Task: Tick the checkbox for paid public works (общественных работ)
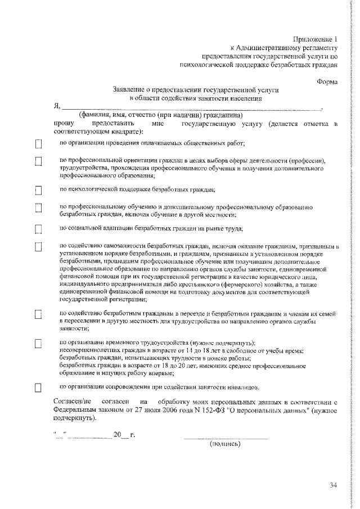(x=39, y=144)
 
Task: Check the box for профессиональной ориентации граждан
(x=39, y=162)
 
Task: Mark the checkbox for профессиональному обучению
(x=39, y=209)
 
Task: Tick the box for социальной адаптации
(x=39, y=229)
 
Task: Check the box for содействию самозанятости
(x=39, y=247)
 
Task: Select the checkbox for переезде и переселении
(x=39, y=314)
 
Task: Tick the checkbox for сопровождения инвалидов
(x=39, y=388)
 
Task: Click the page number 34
(x=334, y=486)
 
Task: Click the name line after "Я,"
(x=191, y=107)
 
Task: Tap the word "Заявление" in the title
(x=130, y=90)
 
